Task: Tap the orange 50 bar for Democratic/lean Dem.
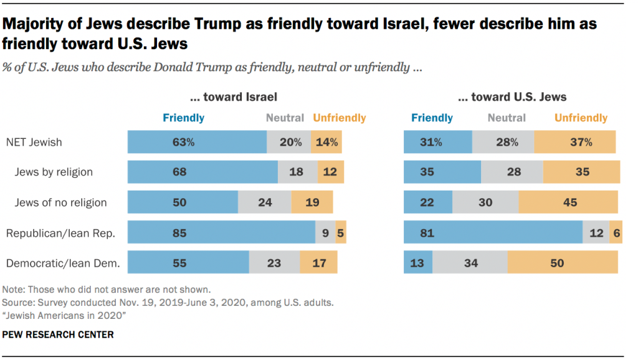pos(563,263)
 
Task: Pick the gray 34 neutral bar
pos(470,263)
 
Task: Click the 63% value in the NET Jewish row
pos(184,142)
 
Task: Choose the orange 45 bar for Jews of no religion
pos(568,202)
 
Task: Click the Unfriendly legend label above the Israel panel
pos(340,117)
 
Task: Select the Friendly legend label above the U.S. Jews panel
pos(432,117)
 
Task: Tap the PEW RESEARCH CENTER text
pos(58,334)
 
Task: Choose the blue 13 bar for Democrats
pos(417,263)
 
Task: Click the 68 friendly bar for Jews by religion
pos(202,172)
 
